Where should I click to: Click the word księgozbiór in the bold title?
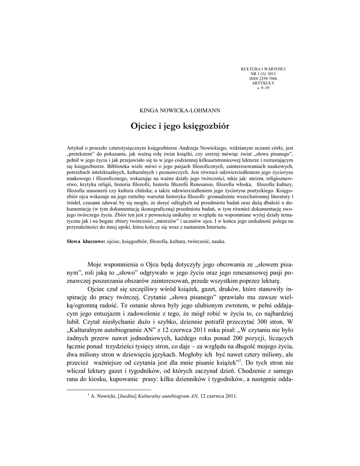click(205, 126)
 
